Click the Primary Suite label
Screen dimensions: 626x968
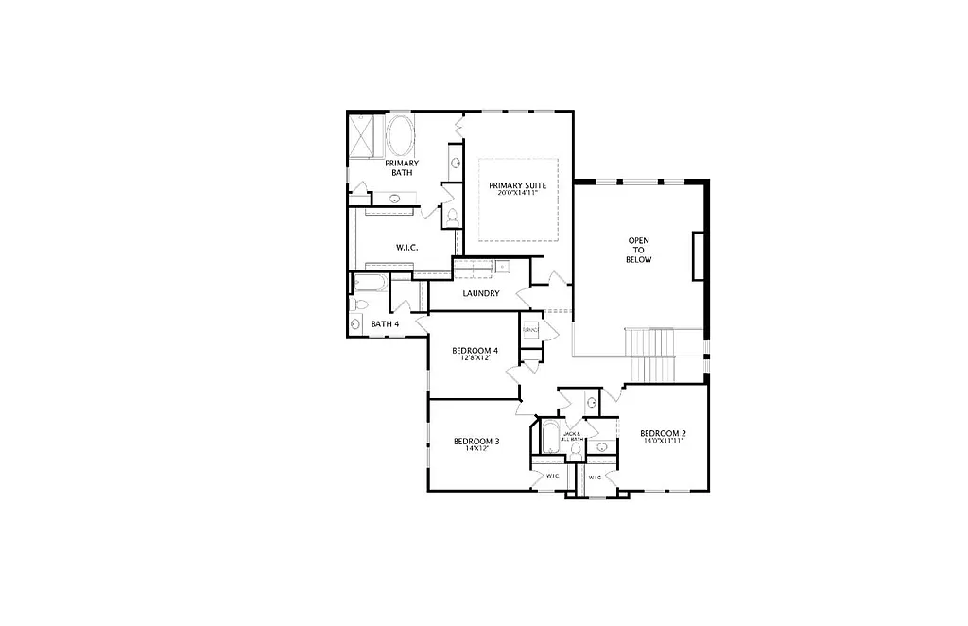point(517,185)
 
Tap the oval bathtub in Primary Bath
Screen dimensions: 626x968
point(400,136)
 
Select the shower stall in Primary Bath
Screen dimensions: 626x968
point(362,135)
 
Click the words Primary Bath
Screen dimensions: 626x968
point(401,167)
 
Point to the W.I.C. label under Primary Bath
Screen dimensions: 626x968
point(406,248)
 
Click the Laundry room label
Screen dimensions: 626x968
point(480,293)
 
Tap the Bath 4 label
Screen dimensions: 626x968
point(385,324)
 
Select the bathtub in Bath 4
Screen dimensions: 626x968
point(370,282)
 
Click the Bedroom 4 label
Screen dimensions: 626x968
point(476,351)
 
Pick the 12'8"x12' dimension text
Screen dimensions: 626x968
point(476,359)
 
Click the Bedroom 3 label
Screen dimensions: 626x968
point(475,442)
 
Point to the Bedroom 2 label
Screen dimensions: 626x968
point(663,434)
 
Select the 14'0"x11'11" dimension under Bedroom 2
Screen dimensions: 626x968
point(663,442)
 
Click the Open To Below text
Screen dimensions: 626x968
point(639,250)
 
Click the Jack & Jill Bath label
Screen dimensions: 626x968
point(572,437)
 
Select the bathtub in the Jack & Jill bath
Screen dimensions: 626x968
point(550,439)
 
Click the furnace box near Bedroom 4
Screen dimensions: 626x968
point(530,330)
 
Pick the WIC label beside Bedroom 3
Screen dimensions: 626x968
point(552,476)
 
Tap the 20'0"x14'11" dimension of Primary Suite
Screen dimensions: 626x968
point(517,194)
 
